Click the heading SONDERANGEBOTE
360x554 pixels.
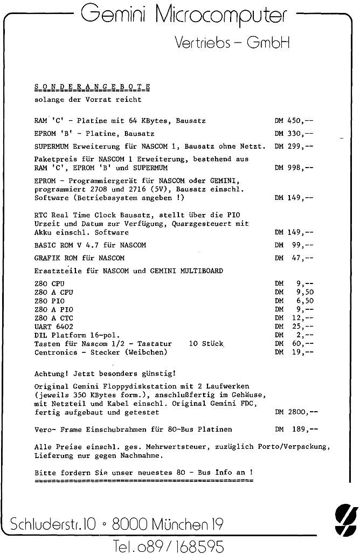point(92,86)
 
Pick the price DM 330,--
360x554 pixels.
point(294,133)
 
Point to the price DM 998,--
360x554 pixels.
point(294,168)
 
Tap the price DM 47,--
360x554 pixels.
point(294,258)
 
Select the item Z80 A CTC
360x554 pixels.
point(54,318)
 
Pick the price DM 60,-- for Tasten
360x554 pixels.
point(294,343)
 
